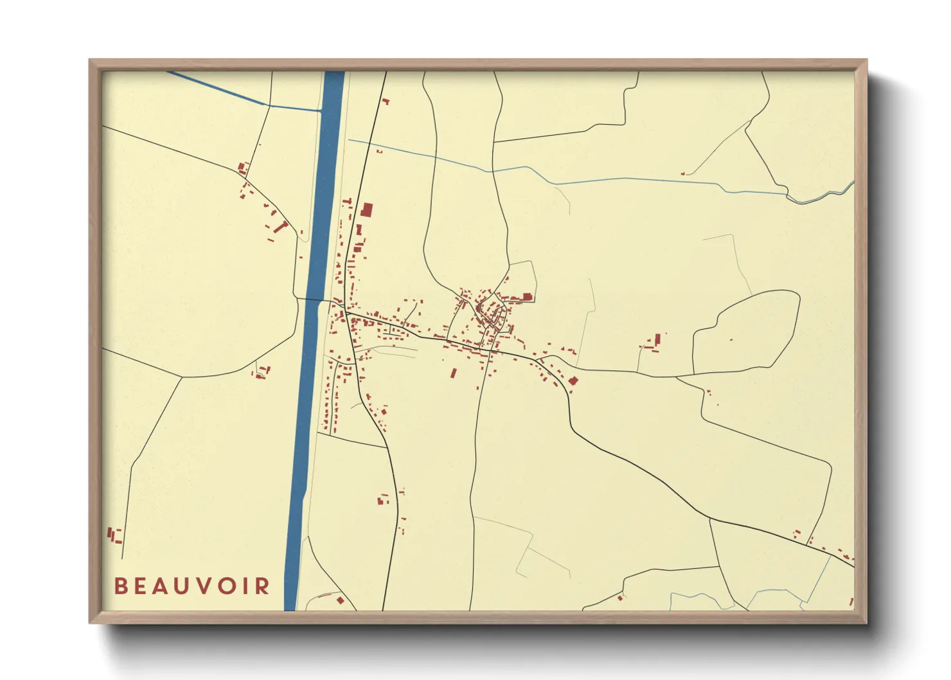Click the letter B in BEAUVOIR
point(120,586)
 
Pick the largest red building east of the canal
point(367,210)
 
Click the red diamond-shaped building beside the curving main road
point(573,380)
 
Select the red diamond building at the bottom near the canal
point(340,600)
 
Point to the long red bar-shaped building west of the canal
point(281,226)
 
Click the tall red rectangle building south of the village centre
point(453,372)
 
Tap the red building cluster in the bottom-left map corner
point(114,535)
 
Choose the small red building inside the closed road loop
point(731,339)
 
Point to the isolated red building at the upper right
point(683,173)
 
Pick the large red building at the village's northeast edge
point(527,296)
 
